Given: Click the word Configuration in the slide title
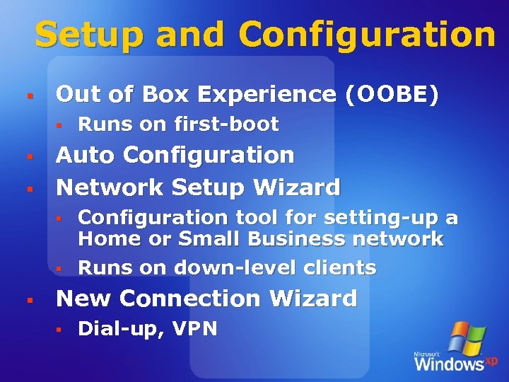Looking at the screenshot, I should pyautogui.click(x=367, y=35).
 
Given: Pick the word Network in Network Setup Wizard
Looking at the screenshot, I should pyautogui.click(x=109, y=187).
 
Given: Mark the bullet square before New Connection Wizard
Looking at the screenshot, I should pyautogui.click(x=28, y=300).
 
